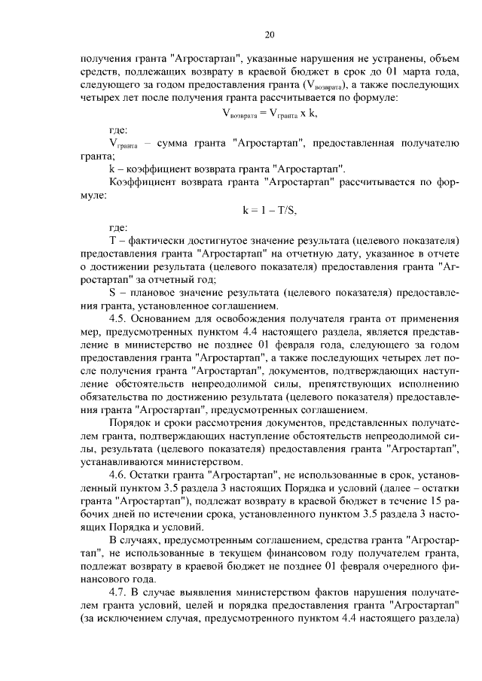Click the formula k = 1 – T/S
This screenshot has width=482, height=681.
270,211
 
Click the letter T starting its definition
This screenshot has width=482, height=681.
112,240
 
